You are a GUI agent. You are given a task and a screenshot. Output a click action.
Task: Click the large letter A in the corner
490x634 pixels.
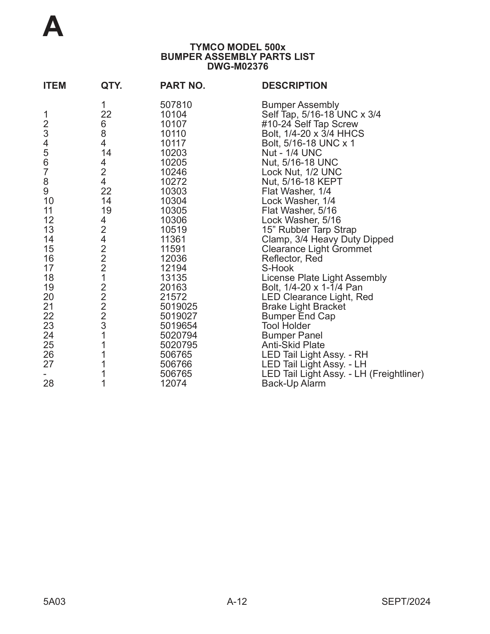(x=53, y=27)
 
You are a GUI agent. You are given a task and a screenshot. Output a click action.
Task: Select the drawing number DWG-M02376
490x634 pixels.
(x=238, y=66)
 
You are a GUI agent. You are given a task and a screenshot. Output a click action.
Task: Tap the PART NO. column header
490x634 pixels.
(x=183, y=86)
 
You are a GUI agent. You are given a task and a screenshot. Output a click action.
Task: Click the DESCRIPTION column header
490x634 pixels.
(x=294, y=86)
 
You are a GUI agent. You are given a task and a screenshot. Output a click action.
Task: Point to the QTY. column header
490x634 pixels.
(x=111, y=86)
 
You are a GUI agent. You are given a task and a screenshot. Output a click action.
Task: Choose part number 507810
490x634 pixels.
(x=176, y=105)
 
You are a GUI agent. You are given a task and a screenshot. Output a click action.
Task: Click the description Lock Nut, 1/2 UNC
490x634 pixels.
(x=301, y=172)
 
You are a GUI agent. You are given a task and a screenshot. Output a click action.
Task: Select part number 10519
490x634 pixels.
(x=173, y=230)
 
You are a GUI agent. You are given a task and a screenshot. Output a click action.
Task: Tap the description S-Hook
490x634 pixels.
(x=277, y=268)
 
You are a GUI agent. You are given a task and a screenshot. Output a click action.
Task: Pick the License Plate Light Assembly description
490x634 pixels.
(x=324, y=278)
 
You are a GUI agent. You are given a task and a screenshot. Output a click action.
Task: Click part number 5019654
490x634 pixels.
(x=178, y=326)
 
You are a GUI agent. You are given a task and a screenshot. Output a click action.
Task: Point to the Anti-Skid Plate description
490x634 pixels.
(x=293, y=345)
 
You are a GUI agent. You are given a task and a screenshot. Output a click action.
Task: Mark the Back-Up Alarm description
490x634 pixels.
(x=293, y=383)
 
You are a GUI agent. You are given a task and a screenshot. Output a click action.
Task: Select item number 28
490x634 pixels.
(x=48, y=383)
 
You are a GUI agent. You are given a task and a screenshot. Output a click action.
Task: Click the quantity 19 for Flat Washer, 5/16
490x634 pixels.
(x=106, y=211)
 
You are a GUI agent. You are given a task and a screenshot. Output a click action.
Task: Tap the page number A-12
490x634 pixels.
(x=237, y=602)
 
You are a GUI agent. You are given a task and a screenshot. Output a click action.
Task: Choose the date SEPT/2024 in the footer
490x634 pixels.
(x=406, y=602)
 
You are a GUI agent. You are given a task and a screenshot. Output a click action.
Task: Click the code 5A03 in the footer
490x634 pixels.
(x=54, y=602)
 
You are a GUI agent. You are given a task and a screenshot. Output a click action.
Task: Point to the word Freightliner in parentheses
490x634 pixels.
(x=396, y=374)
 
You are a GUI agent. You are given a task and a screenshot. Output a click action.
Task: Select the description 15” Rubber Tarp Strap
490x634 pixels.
(x=309, y=230)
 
